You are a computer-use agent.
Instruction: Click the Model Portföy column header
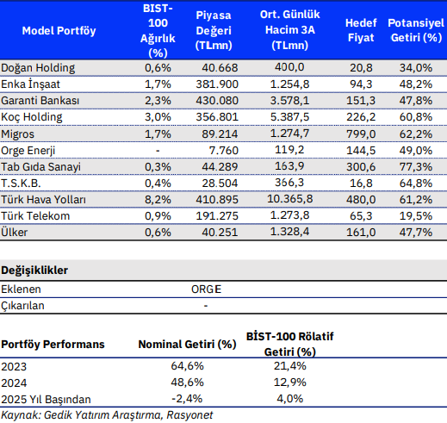point(59,30)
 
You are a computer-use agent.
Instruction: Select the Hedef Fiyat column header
point(361,30)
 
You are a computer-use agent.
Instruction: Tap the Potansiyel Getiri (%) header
point(416,30)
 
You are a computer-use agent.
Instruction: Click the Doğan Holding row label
point(38,68)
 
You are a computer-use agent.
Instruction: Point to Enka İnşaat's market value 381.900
point(217,84)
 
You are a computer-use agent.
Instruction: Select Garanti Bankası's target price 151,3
point(361,101)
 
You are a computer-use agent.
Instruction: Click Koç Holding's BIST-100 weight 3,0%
point(158,117)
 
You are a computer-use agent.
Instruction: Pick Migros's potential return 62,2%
point(416,134)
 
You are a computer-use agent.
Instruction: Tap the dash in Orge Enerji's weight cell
point(158,151)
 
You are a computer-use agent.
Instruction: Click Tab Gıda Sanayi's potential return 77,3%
point(416,166)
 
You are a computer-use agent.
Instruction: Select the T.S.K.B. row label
point(21,183)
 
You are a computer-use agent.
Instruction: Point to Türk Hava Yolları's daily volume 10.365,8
point(290,199)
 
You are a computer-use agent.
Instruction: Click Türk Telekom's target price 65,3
point(361,215)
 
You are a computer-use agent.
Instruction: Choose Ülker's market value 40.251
point(220,232)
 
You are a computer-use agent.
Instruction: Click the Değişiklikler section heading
point(34,271)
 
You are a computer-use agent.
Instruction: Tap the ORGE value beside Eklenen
point(206,289)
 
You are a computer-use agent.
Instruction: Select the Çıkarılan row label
point(22,306)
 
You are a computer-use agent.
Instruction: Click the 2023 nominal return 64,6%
point(187,366)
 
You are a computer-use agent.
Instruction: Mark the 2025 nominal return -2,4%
point(187,399)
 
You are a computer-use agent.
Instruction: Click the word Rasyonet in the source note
point(189,415)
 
